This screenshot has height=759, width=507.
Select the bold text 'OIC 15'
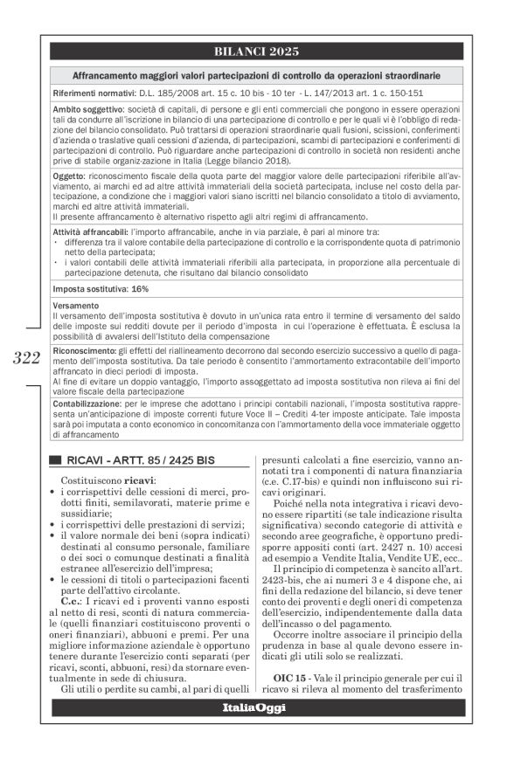click(293, 677)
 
